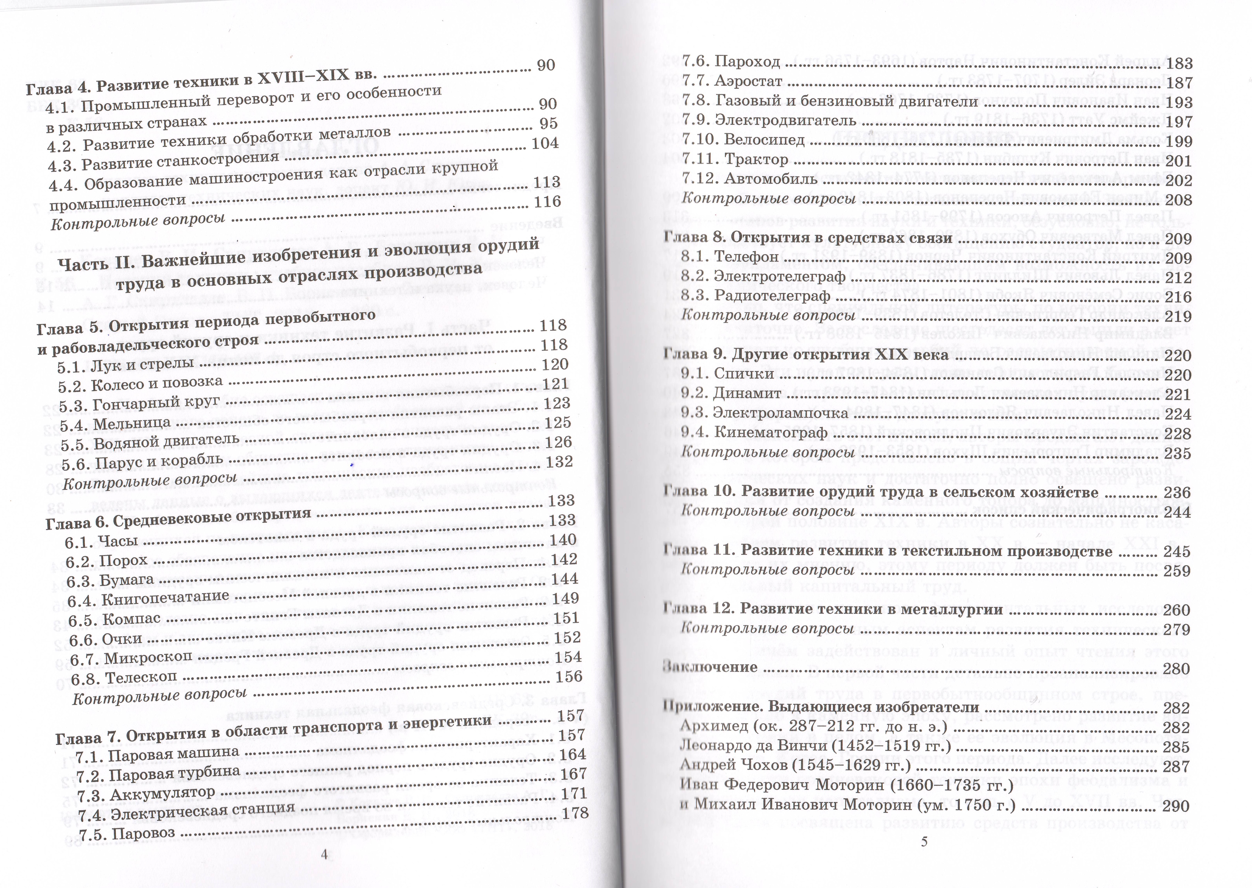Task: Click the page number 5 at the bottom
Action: (924, 842)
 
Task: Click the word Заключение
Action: (710, 667)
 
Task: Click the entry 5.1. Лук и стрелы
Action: (126, 365)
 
